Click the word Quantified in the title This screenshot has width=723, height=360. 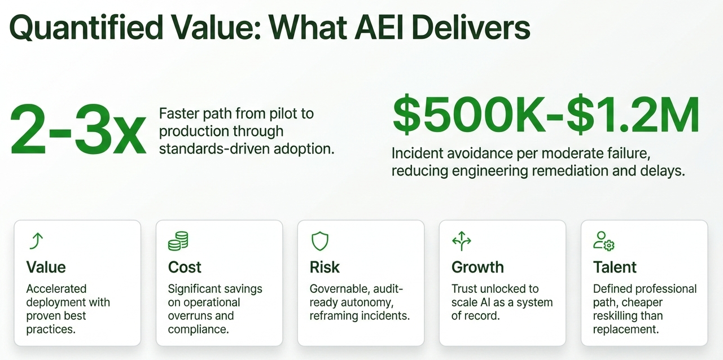(x=86, y=28)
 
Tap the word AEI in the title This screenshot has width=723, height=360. (x=379, y=27)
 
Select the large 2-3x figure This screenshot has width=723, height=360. (x=78, y=130)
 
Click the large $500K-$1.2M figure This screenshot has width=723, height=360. (x=546, y=115)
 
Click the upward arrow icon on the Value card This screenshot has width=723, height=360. (x=37, y=241)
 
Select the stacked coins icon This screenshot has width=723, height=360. (x=178, y=241)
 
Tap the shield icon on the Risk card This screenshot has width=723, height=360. (x=319, y=241)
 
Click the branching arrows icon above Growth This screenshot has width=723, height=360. (x=462, y=241)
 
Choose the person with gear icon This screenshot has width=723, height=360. (x=604, y=241)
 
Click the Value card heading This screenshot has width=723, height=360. (x=46, y=267)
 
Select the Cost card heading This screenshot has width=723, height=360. (x=185, y=267)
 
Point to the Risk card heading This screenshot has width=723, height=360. (x=325, y=267)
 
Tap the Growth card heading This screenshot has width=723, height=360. (x=477, y=267)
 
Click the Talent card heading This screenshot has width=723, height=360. (x=615, y=267)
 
